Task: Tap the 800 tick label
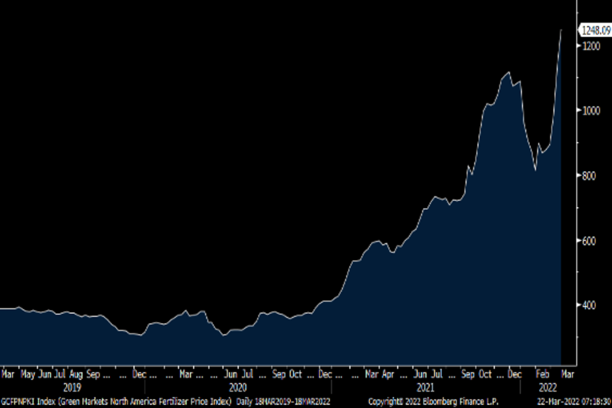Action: [x=590, y=176]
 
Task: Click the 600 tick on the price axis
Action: [x=590, y=241]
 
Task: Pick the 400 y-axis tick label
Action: [x=590, y=305]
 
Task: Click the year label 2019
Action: [x=72, y=387]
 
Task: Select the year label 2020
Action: [x=238, y=387]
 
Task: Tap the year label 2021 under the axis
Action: [x=425, y=387]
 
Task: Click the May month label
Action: [x=28, y=375]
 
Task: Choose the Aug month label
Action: [x=76, y=375]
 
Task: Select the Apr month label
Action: [x=389, y=375]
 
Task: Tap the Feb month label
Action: [x=543, y=375]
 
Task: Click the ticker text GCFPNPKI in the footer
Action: [x=18, y=400]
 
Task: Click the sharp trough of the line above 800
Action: [x=535, y=170]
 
